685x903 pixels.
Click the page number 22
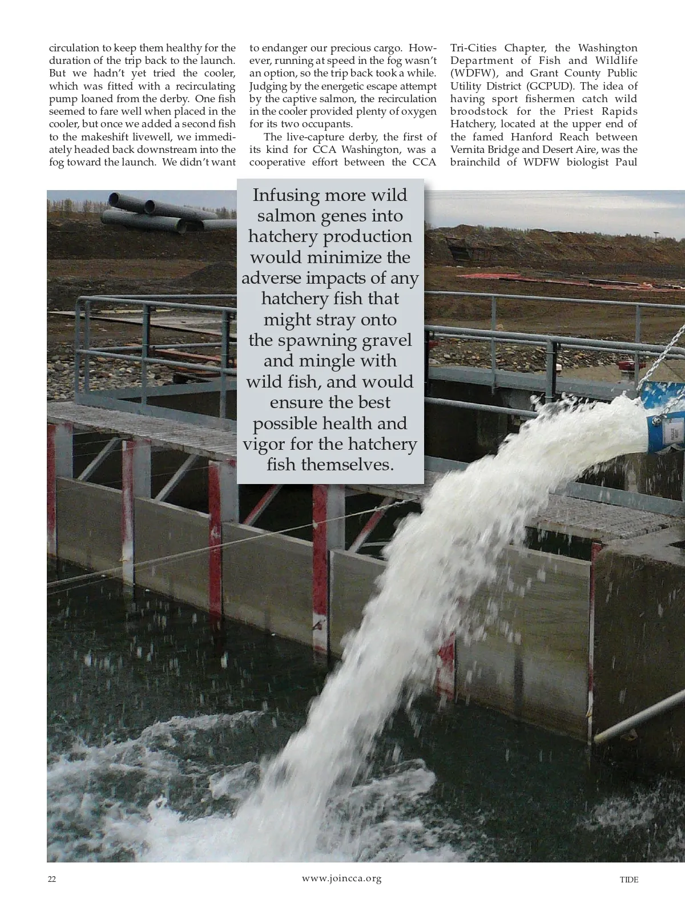click(51, 880)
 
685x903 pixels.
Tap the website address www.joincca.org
click(341, 878)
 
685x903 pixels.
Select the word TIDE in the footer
click(629, 880)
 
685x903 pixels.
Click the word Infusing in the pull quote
click(286, 195)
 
